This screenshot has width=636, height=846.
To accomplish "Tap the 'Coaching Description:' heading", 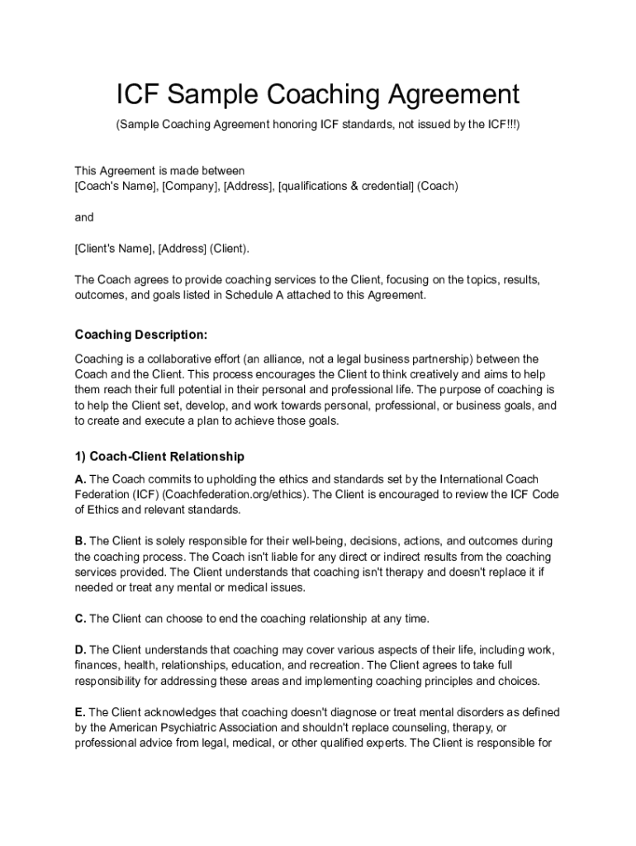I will coord(141,335).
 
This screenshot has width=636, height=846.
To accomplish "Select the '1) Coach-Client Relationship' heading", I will coord(159,456).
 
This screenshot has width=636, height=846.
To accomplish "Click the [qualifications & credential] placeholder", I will coord(346,186).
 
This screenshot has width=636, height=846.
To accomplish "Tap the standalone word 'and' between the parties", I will coord(84,217).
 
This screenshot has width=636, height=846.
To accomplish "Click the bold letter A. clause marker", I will coord(80,479).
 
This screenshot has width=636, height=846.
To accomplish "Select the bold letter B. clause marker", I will coord(80,541).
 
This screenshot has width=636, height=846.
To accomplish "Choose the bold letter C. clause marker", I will coord(80,618).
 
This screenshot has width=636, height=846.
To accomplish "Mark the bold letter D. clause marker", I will coord(80,650).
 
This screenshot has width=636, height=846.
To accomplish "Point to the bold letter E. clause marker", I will coord(80,712).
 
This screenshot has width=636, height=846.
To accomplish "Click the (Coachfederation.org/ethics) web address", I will coord(234,495).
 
